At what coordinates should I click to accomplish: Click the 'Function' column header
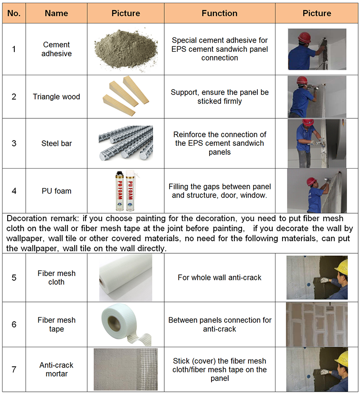tap(220, 13)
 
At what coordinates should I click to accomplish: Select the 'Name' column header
tap(57, 13)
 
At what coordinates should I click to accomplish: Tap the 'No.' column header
tap(14, 13)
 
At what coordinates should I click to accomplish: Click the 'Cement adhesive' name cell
tap(57, 49)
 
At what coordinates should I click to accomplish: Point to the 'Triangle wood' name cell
tap(57, 97)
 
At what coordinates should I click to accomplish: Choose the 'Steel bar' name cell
tap(57, 144)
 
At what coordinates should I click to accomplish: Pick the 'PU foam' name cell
tap(57, 191)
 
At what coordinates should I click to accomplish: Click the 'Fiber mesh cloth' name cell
tap(57, 278)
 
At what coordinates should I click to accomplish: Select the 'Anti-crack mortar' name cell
tap(57, 369)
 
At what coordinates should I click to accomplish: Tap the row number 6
tap(14, 324)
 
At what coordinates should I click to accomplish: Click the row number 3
tap(14, 144)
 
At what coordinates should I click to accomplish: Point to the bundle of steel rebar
tap(126, 144)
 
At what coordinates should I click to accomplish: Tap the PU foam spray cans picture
tap(126, 190)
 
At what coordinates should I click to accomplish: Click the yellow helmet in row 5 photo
tap(341, 265)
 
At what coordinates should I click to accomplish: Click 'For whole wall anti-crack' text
tap(220, 278)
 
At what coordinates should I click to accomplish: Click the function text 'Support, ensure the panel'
tap(220, 92)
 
